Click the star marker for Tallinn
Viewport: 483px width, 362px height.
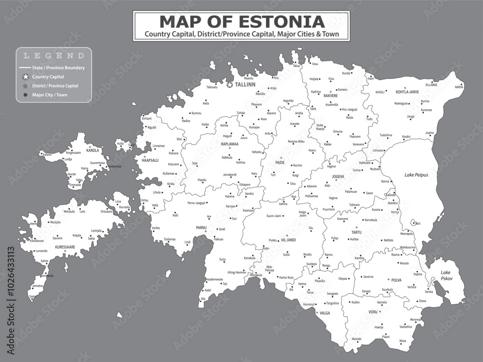point(229,85)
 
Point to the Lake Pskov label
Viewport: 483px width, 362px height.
point(445,276)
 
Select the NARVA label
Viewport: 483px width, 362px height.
point(459,87)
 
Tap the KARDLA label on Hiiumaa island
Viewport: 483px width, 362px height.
point(92,151)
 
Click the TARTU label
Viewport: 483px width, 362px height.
point(356,233)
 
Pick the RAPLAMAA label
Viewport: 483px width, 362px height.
point(230,144)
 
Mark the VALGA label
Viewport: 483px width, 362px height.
point(325,313)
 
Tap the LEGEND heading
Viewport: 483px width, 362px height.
point(54,56)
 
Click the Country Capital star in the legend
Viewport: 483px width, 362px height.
point(26,77)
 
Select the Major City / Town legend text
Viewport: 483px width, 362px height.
point(50,95)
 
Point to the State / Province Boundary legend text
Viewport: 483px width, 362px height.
point(58,68)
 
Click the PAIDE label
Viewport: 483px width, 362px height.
point(280,163)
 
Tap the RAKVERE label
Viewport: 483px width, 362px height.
point(330,96)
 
